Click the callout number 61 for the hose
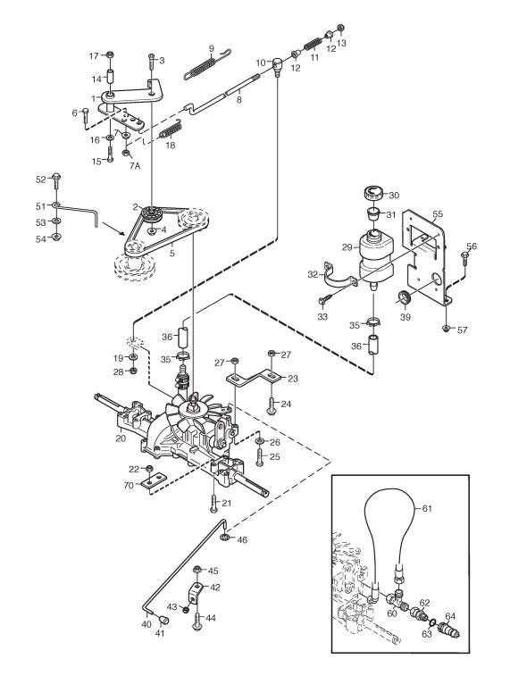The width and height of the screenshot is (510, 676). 426,509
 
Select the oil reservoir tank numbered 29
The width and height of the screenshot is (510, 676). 376,255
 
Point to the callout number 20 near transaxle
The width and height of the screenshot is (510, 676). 121,438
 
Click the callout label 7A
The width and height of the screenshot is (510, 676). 135,166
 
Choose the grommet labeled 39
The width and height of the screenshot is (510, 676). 405,297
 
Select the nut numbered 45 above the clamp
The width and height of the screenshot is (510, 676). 197,571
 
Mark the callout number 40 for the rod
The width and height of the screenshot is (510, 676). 146,624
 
